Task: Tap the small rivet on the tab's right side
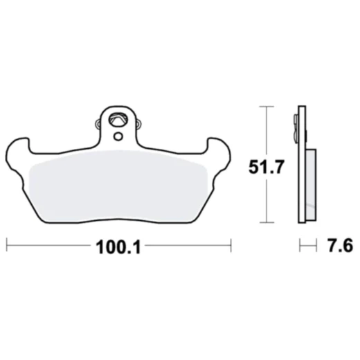tap(139, 125)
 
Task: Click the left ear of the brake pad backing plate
tap(19, 149)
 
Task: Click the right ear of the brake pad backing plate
tap(217, 149)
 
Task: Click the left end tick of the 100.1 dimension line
tap(7, 245)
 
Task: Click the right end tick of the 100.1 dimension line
tap(230, 245)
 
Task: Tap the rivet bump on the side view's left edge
tap(296, 125)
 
